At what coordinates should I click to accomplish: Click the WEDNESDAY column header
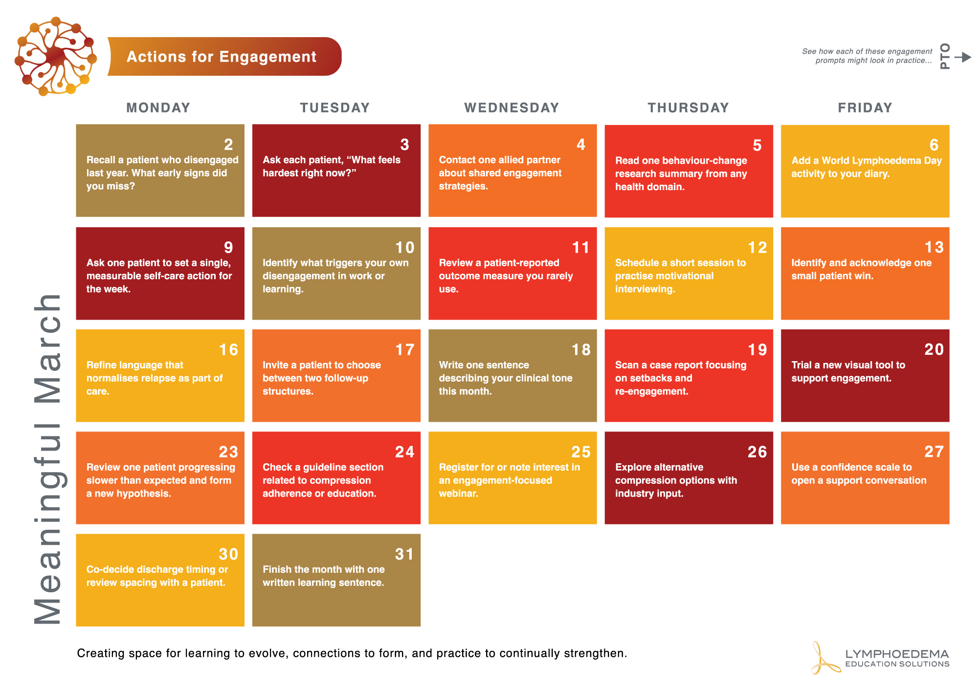tap(511, 108)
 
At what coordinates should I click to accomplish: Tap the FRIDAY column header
tap(865, 108)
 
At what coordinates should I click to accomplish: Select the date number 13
tap(934, 247)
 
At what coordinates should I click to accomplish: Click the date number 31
tap(404, 554)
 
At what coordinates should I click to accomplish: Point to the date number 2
tap(228, 145)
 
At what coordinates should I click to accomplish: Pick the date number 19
tap(757, 350)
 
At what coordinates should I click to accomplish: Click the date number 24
tap(404, 452)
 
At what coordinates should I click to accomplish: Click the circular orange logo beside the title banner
tap(56, 56)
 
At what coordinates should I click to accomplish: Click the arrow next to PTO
tap(963, 57)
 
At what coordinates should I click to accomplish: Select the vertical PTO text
tap(945, 56)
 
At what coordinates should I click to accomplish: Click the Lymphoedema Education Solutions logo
tap(880, 658)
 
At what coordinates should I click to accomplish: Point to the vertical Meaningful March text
tap(48, 459)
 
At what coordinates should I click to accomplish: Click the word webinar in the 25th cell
tap(458, 494)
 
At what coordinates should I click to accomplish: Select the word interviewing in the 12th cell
tap(645, 289)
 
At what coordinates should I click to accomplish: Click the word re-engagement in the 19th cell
tap(651, 391)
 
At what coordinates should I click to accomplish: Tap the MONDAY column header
tap(158, 108)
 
